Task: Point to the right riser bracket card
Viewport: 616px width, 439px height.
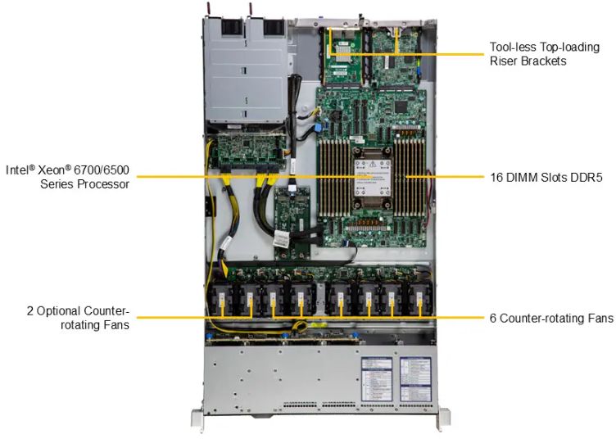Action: (x=396, y=55)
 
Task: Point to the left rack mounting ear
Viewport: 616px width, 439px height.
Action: (x=197, y=419)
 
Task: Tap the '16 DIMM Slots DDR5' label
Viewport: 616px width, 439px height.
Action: (x=546, y=176)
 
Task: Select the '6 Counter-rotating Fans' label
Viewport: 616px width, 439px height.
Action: (x=550, y=318)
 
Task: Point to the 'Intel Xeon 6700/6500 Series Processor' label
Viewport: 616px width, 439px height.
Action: (x=67, y=177)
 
